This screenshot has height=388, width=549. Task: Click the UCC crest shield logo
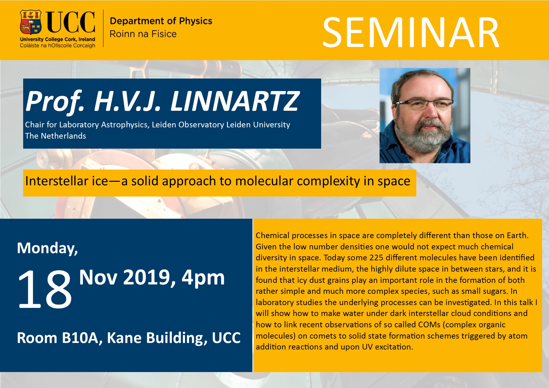click(x=31, y=23)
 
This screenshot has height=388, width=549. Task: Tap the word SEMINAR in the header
click(x=411, y=33)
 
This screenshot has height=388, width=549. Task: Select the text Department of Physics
click(x=161, y=21)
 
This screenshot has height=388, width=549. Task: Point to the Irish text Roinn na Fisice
click(x=143, y=34)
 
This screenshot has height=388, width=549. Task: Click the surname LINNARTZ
click(x=235, y=101)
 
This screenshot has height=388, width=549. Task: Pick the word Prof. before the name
click(x=55, y=102)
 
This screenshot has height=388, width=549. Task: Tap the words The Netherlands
click(x=55, y=136)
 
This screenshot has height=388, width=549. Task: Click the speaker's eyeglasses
click(x=424, y=104)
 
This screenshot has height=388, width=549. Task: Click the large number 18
click(x=45, y=289)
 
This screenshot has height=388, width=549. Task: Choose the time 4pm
click(x=203, y=278)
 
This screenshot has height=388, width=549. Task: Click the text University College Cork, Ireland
click(x=58, y=39)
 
